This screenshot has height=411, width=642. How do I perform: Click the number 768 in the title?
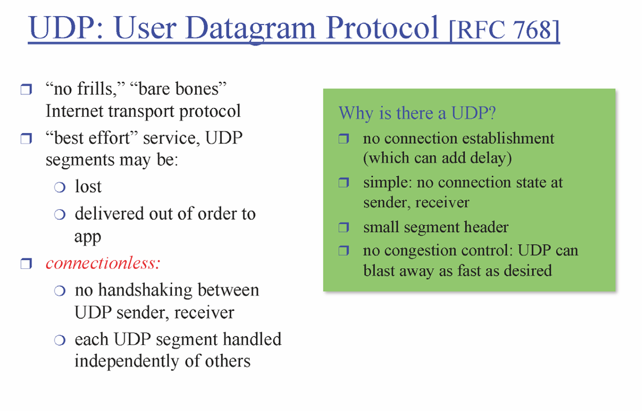point(532,29)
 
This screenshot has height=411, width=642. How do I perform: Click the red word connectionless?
point(103,263)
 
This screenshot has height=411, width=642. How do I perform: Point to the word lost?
point(88,187)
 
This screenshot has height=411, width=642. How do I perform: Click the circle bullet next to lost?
point(60,188)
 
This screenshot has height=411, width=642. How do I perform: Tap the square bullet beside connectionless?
point(26,264)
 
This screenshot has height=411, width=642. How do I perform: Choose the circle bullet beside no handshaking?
point(60,291)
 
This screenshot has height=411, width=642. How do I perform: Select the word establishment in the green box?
point(508,138)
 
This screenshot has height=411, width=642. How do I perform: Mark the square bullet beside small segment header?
point(344,228)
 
